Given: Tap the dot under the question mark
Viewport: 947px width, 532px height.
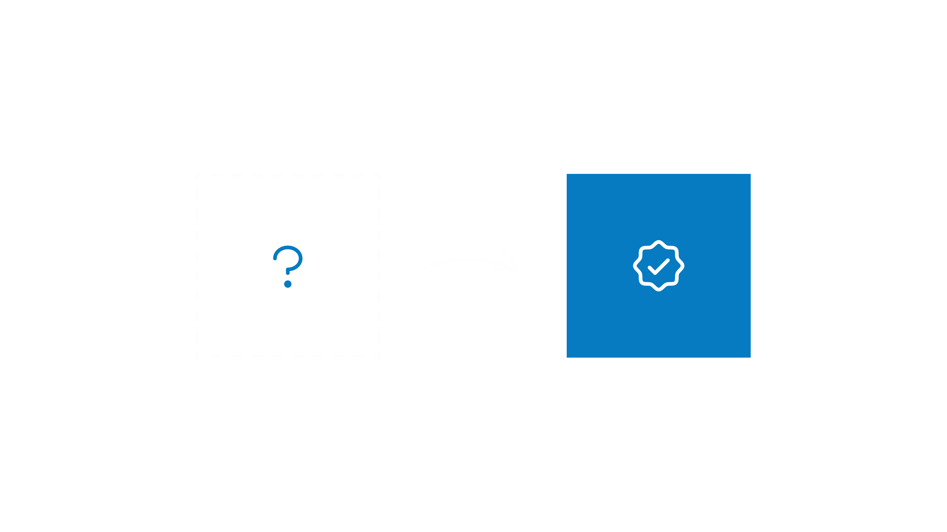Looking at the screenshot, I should click(x=288, y=284).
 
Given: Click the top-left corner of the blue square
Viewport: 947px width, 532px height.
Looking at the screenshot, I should click(x=567, y=174).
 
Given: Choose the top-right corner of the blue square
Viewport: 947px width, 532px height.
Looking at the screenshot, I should click(x=750, y=174).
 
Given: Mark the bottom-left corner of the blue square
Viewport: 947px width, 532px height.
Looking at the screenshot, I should click(x=567, y=357).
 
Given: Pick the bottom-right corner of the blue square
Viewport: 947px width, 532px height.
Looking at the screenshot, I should click(x=750, y=357).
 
